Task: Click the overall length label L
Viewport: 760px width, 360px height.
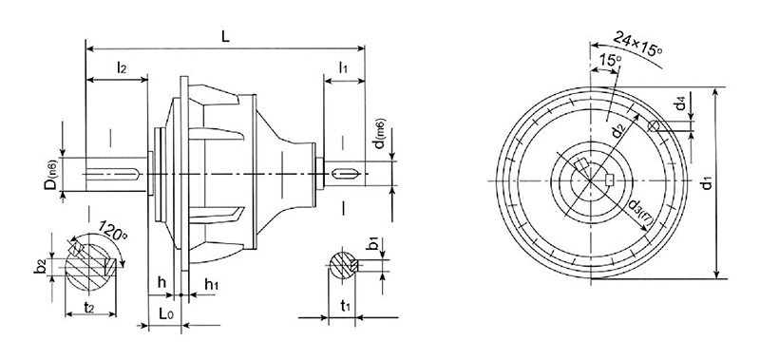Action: pos(226,33)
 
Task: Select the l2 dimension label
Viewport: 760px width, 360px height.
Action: pos(123,67)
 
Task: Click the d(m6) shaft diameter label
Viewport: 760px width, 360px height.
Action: pos(379,135)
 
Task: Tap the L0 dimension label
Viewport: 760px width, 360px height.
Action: pos(165,312)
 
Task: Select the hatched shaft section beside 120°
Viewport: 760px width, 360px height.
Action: pos(93,265)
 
